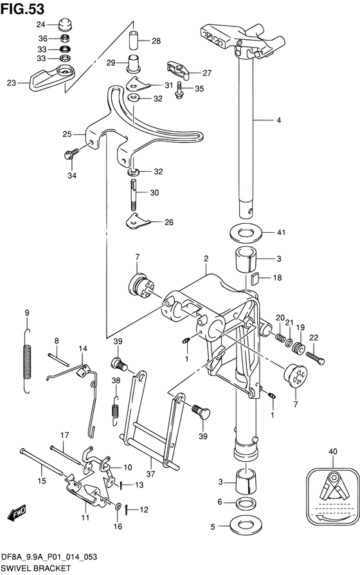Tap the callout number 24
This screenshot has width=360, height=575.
coord(40,24)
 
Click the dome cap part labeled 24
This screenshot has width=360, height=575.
coord(64,24)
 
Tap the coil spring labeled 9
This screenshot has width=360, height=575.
coord(28,361)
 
